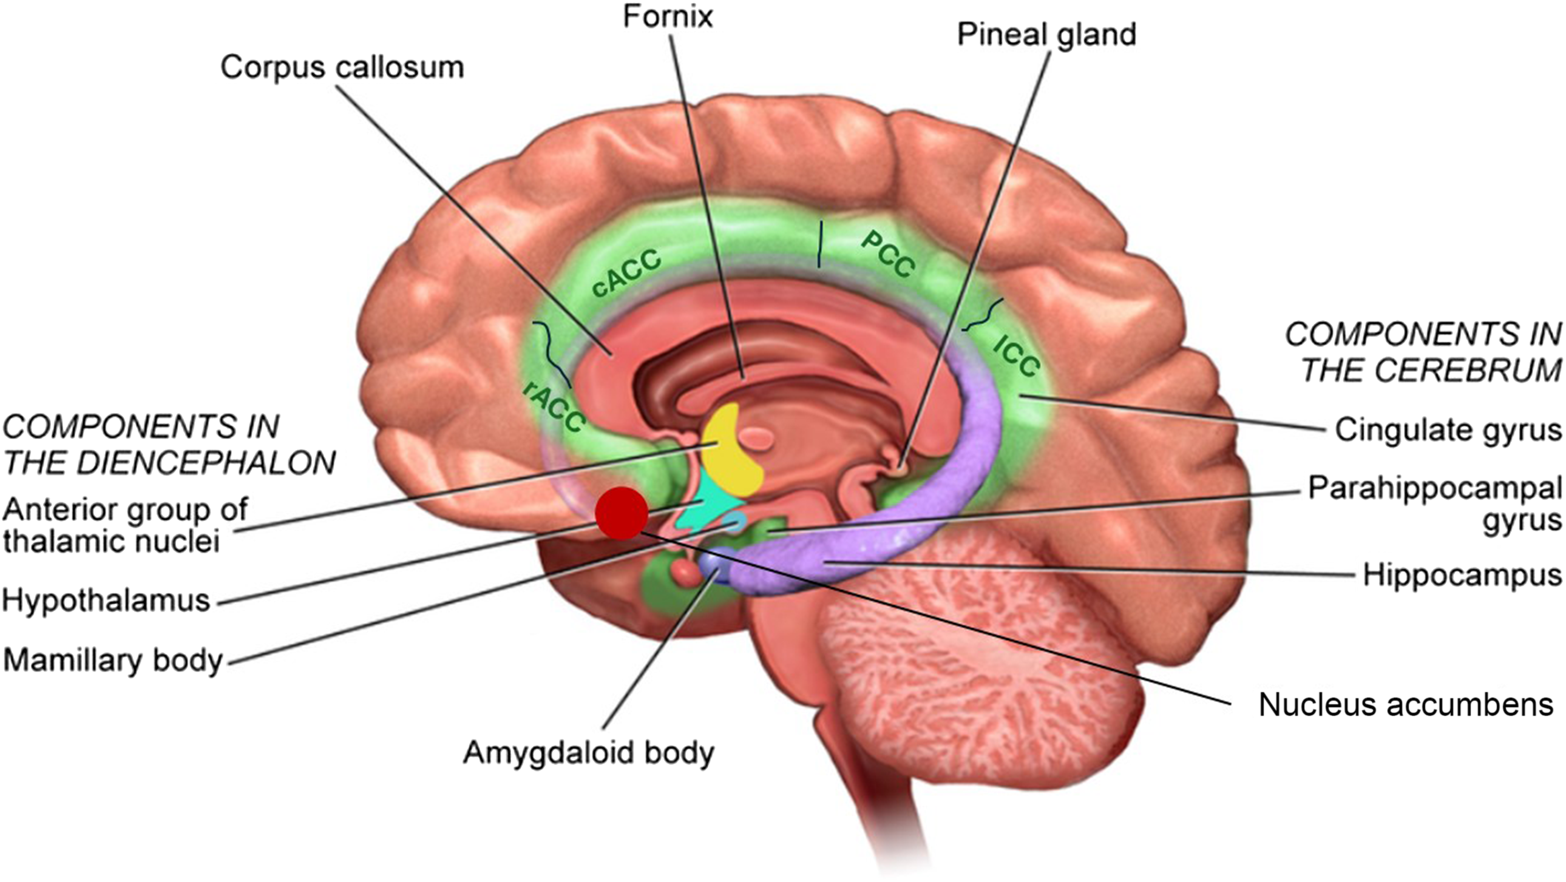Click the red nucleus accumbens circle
[622, 513]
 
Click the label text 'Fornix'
[668, 16]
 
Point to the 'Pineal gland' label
[1046, 35]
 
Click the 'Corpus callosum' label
[342, 67]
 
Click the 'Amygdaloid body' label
[589, 753]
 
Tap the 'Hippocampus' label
[1462, 574]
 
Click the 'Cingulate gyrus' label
[1448, 430]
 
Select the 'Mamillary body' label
[113, 660]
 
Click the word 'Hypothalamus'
[106, 601]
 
